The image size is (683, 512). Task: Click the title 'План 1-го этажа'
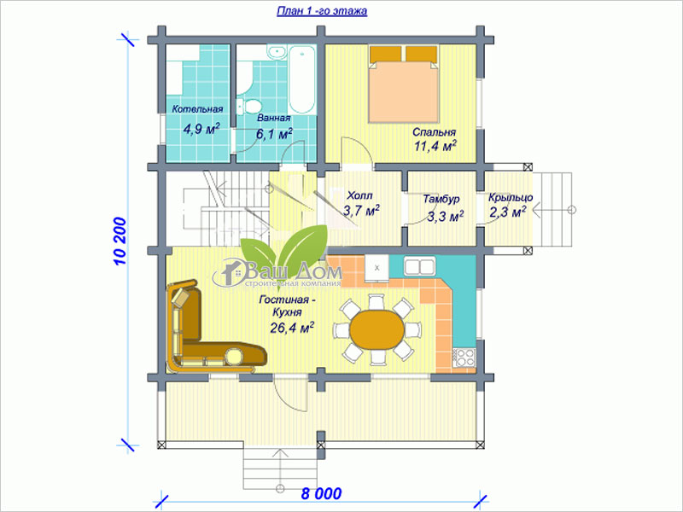point(322,11)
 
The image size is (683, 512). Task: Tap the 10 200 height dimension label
point(120,241)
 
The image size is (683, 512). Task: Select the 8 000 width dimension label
point(321,494)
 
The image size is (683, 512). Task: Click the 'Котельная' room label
point(197,109)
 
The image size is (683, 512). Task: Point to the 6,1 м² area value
point(273,134)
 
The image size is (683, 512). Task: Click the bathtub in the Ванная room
point(301,79)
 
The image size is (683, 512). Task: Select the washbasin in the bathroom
point(276,52)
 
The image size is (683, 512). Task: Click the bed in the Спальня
point(403,84)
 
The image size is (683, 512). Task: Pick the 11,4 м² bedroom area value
point(435,146)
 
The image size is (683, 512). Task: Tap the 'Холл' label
point(359,195)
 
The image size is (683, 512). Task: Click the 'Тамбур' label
point(441,199)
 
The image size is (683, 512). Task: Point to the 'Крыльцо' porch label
point(510,197)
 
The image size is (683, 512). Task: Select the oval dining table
point(377,329)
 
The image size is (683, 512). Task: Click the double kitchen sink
point(419,266)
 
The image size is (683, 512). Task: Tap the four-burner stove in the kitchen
point(464,358)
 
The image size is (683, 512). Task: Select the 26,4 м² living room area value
point(292,328)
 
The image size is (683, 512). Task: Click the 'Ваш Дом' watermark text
point(295,271)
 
